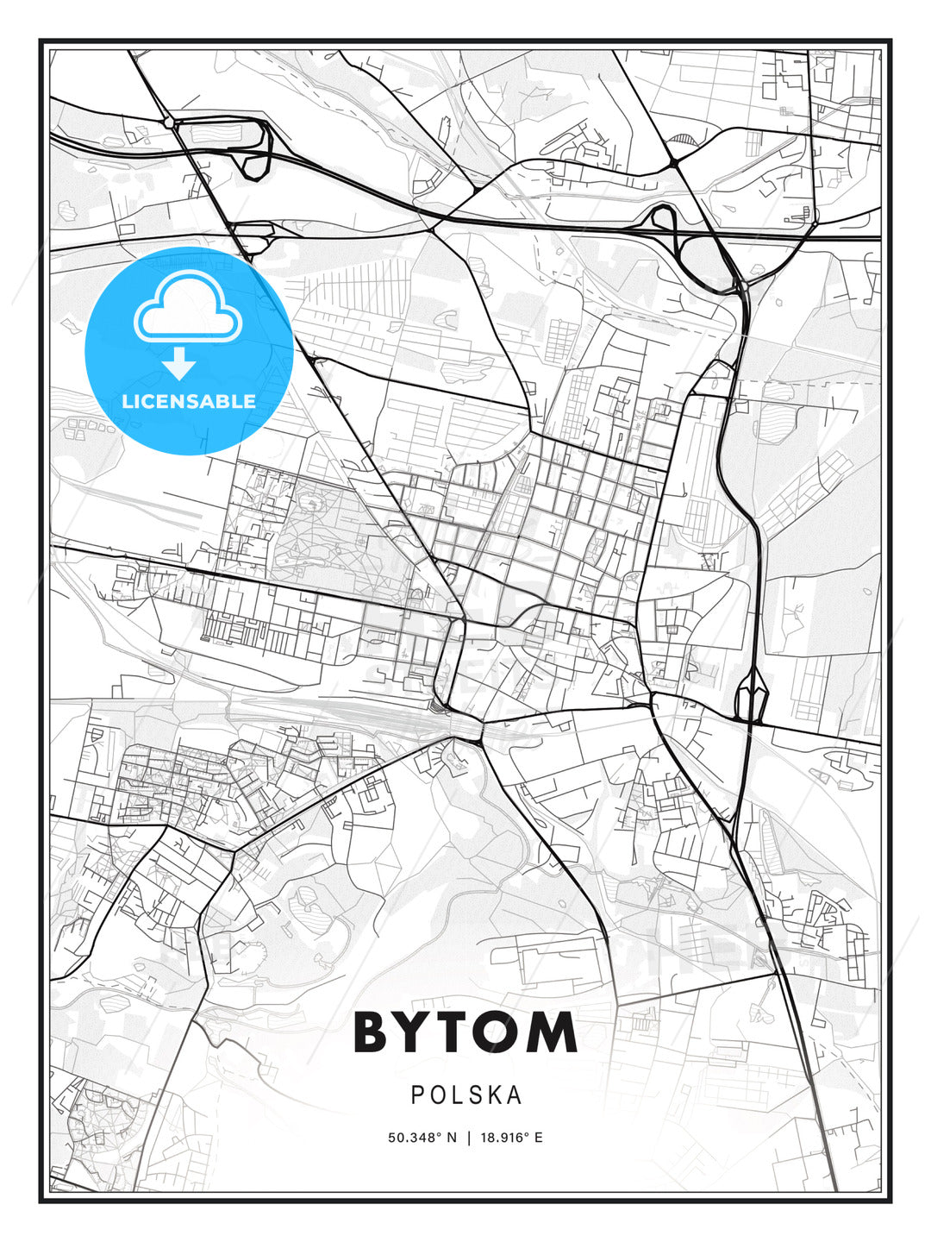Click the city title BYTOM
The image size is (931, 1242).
(465, 1032)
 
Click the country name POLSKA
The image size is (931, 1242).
(465, 1095)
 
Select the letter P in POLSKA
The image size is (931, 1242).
(417, 1095)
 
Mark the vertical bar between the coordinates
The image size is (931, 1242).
(469, 1138)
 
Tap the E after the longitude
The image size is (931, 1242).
(539, 1138)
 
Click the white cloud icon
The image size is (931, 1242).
(188, 308)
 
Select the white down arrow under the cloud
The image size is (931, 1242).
(179, 364)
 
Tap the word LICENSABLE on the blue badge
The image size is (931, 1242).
(189, 401)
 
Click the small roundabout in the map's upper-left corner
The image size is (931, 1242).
(168, 123)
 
